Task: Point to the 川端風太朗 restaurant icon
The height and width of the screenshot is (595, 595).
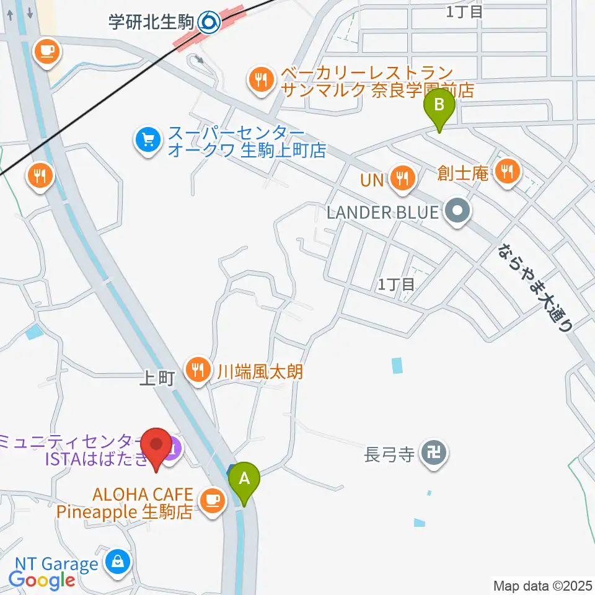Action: pyautogui.click(x=198, y=370)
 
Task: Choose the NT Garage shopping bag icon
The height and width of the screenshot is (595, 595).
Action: pyautogui.click(x=117, y=562)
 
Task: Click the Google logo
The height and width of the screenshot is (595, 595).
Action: pyautogui.click(x=42, y=580)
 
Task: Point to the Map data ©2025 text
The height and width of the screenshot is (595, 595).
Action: pyautogui.click(x=542, y=585)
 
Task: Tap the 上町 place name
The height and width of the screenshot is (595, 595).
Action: pyautogui.click(x=157, y=379)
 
